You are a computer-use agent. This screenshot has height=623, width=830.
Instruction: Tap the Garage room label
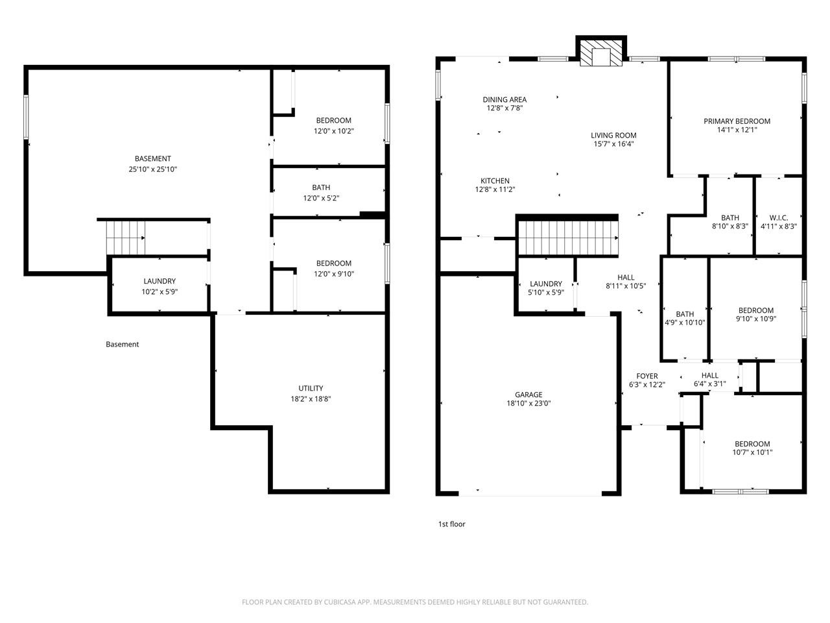(528, 395)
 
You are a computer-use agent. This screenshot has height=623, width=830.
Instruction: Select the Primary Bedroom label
(737, 121)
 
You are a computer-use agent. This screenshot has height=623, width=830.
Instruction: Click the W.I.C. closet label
(778, 218)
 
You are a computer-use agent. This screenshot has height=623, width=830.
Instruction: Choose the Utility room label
(311, 389)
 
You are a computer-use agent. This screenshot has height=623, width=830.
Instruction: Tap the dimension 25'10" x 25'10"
(153, 169)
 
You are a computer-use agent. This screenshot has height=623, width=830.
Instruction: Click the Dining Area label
(504, 100)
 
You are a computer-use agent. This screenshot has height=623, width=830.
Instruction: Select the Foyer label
(646, 376)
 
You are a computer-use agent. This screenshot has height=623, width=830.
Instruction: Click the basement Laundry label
(160, 282)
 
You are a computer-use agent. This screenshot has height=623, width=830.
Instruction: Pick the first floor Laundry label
(545, 284)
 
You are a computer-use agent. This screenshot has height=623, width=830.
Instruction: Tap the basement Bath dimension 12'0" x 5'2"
(321, 199)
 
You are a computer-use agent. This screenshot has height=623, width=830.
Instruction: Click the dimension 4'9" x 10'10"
(685, 323)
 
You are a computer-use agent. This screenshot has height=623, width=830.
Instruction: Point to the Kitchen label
(495, 181)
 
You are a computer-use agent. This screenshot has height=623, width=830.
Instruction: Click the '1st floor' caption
(452, 524)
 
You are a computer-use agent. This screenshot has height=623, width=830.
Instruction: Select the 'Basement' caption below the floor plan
(122, 345)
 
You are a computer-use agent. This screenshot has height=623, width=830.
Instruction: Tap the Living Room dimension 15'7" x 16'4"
(613, 144)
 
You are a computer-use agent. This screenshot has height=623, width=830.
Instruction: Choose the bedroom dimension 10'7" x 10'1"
(752, 453)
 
